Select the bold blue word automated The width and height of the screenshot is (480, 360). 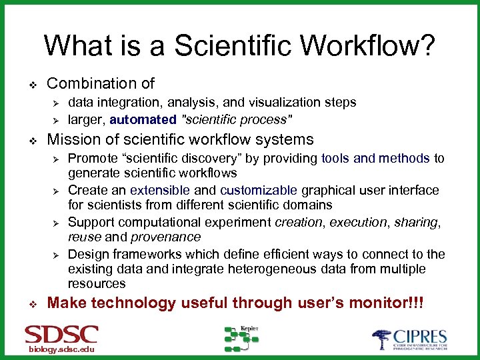click(x=143, y=120)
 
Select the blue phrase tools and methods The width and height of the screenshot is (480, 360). click(x=376, y=158)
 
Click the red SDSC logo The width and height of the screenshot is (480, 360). click(x=61, y=334)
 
